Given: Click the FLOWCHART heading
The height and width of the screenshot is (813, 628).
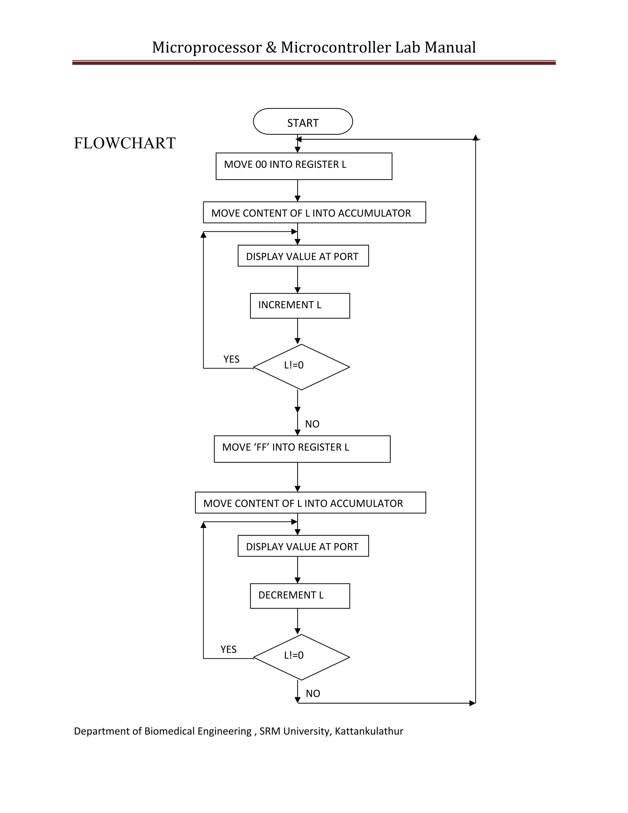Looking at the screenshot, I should [124, 143].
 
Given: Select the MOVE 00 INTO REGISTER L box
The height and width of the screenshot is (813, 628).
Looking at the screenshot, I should [304, 166].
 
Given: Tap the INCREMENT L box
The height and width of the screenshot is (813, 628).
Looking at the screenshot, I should [300, 306].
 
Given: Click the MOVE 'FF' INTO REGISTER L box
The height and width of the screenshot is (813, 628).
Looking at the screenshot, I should [302, 449].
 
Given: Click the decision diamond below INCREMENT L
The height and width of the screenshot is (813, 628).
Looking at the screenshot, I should [301, 367].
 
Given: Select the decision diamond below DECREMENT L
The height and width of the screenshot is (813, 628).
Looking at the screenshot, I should [301, 657].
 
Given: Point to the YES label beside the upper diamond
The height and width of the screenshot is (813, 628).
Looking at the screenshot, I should [232, 359].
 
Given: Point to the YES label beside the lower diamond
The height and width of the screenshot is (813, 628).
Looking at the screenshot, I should [228, 649].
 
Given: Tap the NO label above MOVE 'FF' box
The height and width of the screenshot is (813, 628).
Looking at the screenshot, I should [312, 424].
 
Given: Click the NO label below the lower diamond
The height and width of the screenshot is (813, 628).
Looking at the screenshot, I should [313, 694].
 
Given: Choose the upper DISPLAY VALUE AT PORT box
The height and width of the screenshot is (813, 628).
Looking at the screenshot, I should [303, 256].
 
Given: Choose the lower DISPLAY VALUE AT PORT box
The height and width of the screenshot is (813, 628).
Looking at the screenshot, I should [303, 546].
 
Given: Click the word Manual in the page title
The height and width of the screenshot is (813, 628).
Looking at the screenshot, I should [450, 48].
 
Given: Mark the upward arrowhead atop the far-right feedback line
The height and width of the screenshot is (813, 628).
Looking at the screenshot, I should [476, 138].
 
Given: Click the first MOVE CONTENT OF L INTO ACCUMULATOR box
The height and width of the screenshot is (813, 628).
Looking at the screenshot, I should [314, 213].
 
